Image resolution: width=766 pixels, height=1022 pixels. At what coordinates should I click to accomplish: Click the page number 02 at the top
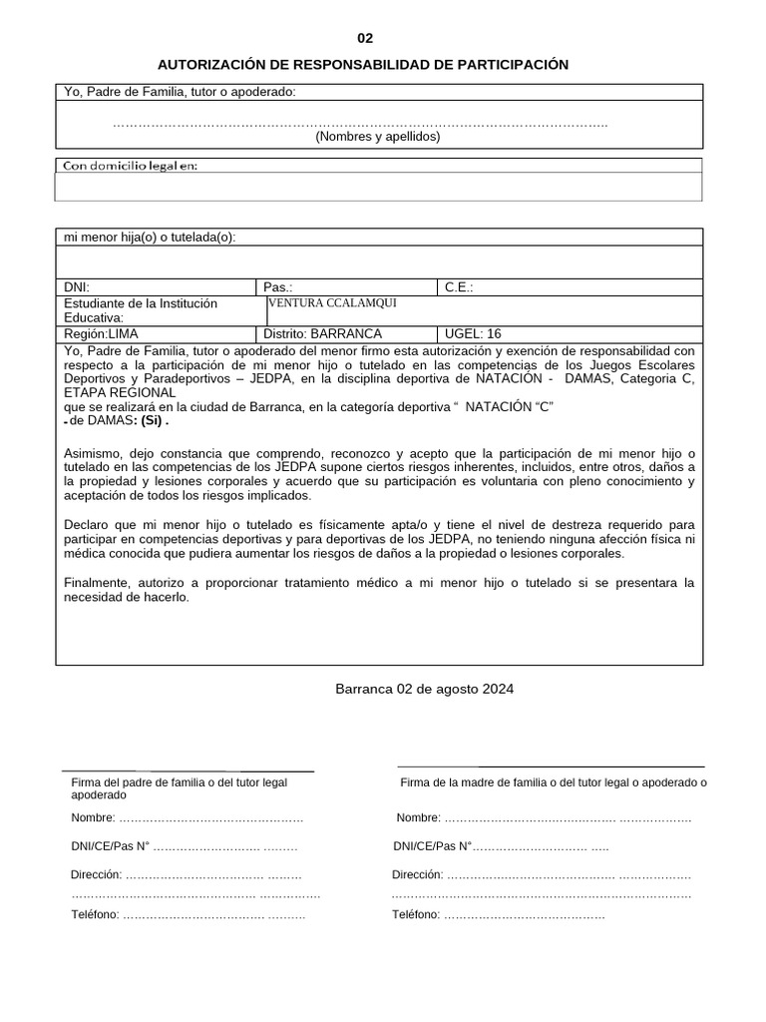pos(365,39)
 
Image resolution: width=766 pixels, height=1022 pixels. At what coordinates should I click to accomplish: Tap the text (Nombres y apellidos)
pos(378,137)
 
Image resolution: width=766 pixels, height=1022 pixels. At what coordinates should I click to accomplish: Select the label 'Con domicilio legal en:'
pos(131,166)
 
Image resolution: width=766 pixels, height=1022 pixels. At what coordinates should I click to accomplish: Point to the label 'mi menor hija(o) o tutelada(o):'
pos(150,237)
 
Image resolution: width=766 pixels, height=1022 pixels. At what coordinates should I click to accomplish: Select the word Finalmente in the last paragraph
pos(97,582)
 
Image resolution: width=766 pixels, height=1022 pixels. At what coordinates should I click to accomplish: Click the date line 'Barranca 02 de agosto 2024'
pos(425,689)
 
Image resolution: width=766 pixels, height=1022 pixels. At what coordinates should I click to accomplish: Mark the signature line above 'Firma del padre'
pos(189,771)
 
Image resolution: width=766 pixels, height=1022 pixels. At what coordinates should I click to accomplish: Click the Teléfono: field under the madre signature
pos(499,914)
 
